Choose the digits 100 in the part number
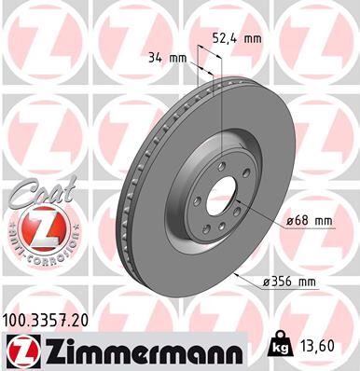click(17, 320)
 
